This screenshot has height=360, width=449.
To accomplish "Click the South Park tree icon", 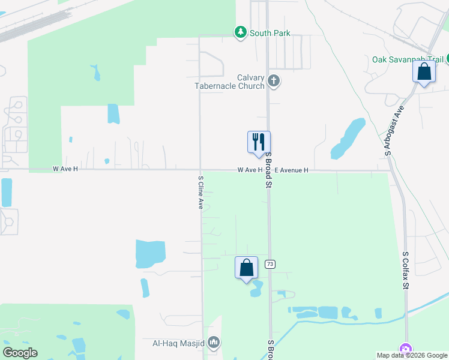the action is click(x=241, y=32).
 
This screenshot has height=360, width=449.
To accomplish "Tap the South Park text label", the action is click(x=270, y=33).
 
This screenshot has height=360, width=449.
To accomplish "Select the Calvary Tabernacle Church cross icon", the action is click(x=274, y=81).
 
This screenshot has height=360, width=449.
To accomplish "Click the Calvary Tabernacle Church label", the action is click(x=230, y=82).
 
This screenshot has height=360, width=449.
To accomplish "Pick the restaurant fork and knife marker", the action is click(x=259, y=142).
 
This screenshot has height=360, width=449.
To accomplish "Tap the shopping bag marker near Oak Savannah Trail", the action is click(x=424, y=71).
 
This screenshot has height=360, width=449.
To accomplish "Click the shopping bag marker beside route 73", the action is click(x=247, y=268).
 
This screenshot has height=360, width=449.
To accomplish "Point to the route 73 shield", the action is click(x=270, y=264).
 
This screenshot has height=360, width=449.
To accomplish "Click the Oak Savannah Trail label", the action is click(x=408, y=59).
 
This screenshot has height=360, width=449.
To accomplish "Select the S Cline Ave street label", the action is click(x=200, y=192).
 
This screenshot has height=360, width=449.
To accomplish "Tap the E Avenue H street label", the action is click(x=291, y=170).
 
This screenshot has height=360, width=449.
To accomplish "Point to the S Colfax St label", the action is click(x=405, y=271).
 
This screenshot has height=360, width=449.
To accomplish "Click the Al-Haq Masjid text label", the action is click(x=178, y=344).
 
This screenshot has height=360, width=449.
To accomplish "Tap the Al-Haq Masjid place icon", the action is click(x=214, y=343).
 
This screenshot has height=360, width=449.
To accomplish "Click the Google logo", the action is click(x=20, y=353).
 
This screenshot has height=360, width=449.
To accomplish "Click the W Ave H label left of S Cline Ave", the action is click(x=65, y=169).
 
